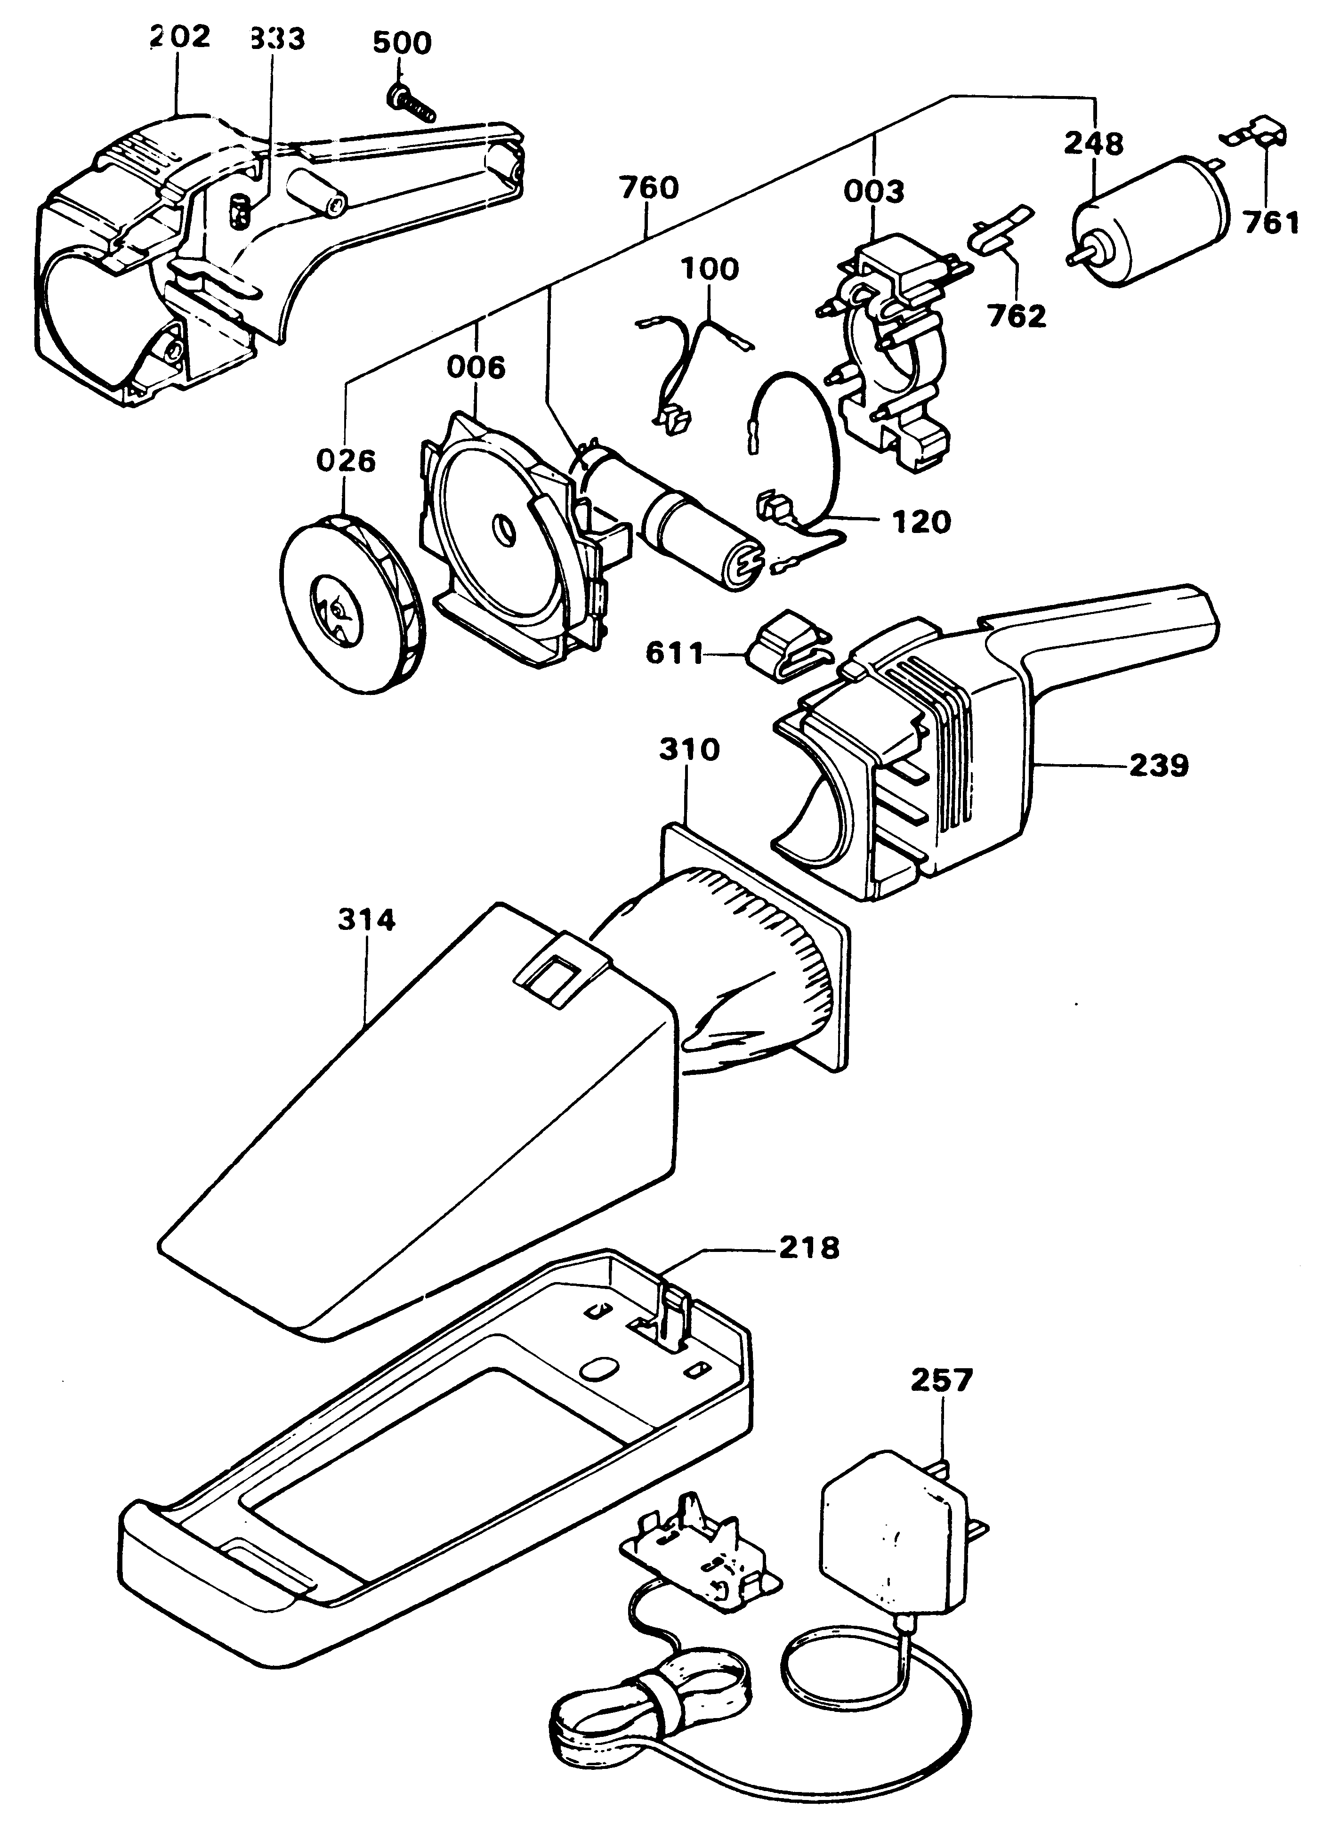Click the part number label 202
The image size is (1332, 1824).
pyautogui.click(x=181, y=37)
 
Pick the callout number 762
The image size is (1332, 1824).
pyautogui.click(x=1017, y=316)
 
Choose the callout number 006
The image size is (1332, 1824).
pyautogui.click(x=476, y=369)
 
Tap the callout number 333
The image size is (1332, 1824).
pyautogui.click(x=276, y=39)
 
